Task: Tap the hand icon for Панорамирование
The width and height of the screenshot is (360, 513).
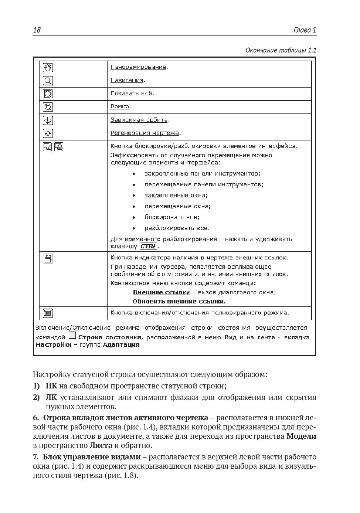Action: point(48,67)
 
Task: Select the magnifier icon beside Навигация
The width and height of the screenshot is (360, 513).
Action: point(48,81)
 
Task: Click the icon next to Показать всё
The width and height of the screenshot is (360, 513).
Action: point(48,94)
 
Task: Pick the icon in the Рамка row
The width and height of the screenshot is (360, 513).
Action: point(48,107)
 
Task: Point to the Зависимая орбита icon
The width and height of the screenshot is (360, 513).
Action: point(48,120)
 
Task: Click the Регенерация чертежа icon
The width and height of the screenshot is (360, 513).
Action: point(48,133)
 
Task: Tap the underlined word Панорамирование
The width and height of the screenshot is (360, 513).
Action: point(138,67)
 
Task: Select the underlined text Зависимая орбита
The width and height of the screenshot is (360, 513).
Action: point(139,120)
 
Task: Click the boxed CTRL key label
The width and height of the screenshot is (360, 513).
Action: point(149,247)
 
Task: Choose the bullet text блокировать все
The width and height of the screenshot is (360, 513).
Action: point(172,217)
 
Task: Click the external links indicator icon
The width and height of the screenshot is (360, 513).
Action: point(48,258)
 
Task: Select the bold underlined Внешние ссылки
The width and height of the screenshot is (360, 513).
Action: point(161,292)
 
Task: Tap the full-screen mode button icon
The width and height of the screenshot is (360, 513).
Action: point(48,313)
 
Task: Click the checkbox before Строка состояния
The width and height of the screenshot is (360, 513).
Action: point(72,336)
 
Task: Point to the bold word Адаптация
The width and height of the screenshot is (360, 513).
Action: point(121,345)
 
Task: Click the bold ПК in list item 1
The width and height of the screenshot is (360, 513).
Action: point(51,386)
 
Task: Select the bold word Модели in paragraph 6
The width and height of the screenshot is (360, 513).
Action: point(301,436)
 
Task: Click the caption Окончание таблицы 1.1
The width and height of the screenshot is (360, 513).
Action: point(281,50)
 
